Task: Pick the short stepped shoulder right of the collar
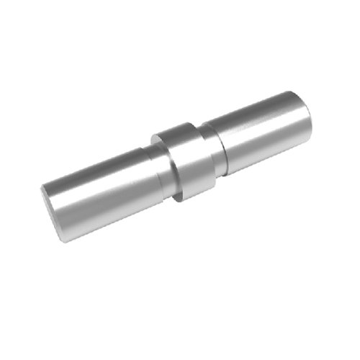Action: point(217,147)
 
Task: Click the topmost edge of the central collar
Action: point(176,123)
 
